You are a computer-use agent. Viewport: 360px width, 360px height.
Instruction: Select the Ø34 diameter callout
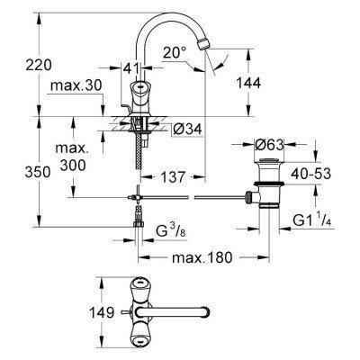pos(185,129)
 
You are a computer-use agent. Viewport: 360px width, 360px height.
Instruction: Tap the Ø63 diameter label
pos(270,145)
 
